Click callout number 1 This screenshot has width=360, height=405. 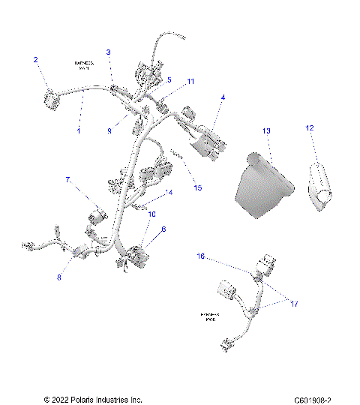(79, 130)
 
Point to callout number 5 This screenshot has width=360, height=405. (169, 79)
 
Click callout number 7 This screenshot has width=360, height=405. (67, 180)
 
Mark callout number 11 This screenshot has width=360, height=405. (190, 80)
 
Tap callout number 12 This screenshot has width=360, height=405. (309, 128)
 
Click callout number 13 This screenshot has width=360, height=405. (265, 130)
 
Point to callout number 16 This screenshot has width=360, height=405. (201, 256)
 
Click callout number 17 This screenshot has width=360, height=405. (294, 304)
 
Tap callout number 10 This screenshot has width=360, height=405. (152, 214)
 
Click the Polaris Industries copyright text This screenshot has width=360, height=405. (93, 399)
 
